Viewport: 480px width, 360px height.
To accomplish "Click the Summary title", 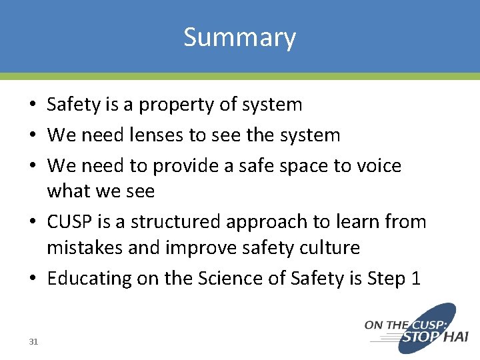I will click(239, 37).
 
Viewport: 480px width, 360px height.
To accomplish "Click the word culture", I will click(329, 248).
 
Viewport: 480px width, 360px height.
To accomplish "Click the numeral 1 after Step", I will click(415, 278).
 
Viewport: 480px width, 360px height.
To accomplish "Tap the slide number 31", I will click(34, 342).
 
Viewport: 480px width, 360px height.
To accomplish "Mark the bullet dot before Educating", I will click(32, 279).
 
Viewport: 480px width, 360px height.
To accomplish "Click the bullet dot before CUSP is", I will click(32, 222).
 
